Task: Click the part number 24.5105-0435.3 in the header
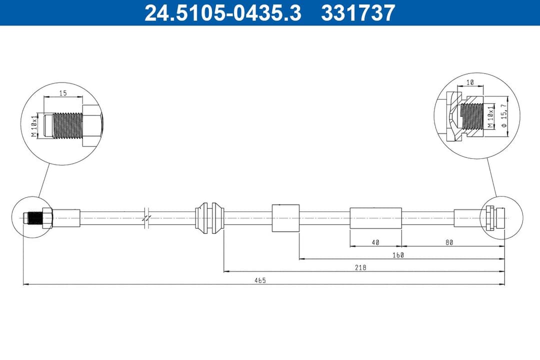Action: click(x=223, y=13)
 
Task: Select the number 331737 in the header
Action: click(x=358, y=13)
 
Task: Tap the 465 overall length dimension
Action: click(x=259, y=280)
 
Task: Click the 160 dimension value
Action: click(x=398, y=255)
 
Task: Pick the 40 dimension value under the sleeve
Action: click(x=375, y=242)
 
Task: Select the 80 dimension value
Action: click(x=449, y=242)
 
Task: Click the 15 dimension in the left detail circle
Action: click(x=63, y=93)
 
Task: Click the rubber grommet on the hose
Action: click(x=209, y=218)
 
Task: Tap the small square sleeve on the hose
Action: click(x=285, y=218)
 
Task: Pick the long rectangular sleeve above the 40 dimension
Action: click(x=375, y=218)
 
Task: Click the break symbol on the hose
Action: click(x=146, y=218)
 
